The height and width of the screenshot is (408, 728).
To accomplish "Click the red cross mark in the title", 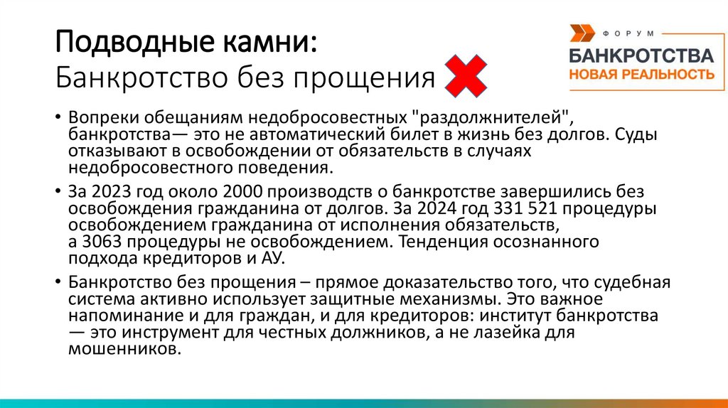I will (466, 77).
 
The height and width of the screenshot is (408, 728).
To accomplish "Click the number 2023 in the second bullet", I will (116, 192).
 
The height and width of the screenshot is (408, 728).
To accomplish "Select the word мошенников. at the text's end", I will (122, 349).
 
